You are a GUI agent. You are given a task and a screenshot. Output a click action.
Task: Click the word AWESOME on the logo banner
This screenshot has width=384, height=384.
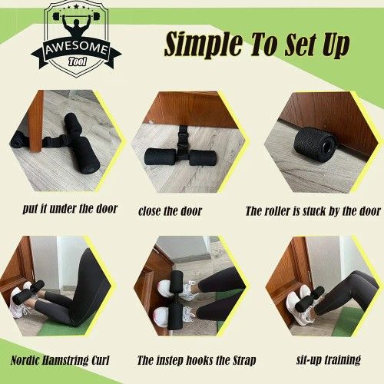click(76, 48)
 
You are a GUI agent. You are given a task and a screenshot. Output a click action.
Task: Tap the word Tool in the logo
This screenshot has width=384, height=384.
click(78, 61)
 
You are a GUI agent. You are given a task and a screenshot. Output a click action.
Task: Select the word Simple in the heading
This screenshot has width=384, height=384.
click(204, 44)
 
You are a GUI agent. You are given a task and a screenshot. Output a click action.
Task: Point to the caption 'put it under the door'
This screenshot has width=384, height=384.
click(70, 209)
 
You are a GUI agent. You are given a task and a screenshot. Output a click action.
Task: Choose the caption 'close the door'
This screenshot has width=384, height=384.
click(170, 211)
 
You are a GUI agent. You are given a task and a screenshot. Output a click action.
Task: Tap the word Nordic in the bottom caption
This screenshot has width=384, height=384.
click(25, 360)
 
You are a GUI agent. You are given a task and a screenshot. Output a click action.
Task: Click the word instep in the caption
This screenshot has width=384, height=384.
click(171, 360)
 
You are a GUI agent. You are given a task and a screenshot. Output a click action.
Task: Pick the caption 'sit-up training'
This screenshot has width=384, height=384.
click(329, 359)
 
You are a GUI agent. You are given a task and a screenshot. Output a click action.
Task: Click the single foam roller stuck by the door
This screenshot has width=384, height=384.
click(314, 144)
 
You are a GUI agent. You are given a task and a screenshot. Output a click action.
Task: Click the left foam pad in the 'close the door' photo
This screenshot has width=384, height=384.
click(161, 157)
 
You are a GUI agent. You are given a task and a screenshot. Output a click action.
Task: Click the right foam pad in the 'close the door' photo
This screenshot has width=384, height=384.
click(203, 157)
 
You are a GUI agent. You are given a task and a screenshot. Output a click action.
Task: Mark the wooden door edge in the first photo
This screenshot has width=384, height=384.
click(36, 121)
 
